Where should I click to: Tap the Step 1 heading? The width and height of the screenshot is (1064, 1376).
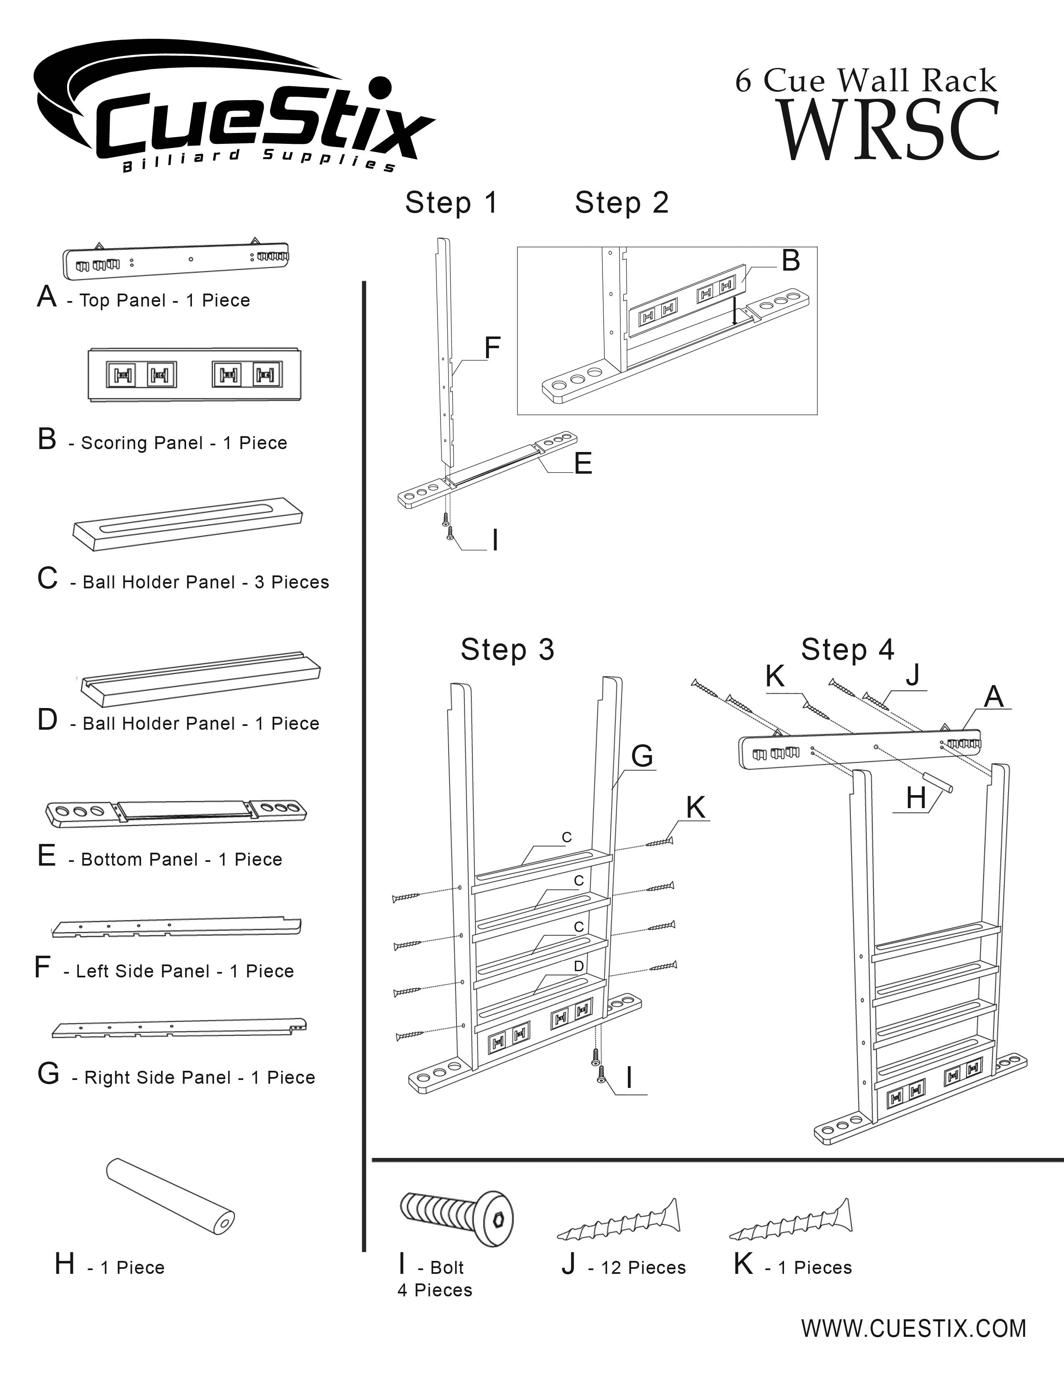tap(451, 203)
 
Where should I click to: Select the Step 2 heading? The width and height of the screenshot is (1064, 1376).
tap(622, 203)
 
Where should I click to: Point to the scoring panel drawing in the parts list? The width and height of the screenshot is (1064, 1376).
tap(194, 374)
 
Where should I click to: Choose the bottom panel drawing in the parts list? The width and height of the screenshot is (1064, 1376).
tap(176, 813)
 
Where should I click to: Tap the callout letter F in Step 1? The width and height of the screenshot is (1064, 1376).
tap(492, 347)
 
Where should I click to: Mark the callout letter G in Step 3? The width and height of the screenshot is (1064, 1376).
tap(642, 756)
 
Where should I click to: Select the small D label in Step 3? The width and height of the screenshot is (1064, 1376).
tap(579, 966)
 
